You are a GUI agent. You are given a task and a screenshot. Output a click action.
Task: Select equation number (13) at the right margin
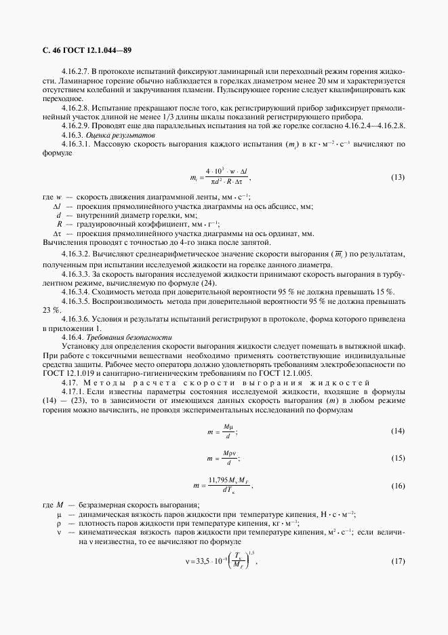point(398,178)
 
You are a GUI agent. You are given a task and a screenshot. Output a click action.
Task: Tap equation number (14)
point(398,431)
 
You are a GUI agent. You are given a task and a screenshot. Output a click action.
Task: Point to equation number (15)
point(398,458)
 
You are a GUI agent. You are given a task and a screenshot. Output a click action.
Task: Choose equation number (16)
point(398,486)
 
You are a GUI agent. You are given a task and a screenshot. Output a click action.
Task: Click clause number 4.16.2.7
point(75,71)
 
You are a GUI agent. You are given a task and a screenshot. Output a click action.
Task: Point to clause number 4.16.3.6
point(75,319)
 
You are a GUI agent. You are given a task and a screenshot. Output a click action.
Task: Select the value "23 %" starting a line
point(51,309)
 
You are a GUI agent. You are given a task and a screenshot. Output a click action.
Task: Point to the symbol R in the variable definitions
point(60,223)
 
